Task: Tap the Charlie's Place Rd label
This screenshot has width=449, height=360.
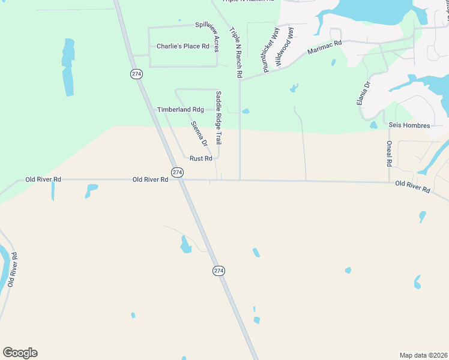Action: [182, 46]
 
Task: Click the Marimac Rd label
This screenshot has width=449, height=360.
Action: [324, 47]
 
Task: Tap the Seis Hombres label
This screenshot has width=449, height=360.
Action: [409, 125]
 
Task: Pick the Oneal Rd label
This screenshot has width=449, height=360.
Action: [389, 154]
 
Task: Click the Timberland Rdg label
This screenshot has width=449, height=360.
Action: [180, 110]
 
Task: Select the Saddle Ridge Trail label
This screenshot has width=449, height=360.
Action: [218, 118]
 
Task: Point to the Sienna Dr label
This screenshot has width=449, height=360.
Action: [199, 134]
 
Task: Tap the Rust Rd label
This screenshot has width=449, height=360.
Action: [201, 158]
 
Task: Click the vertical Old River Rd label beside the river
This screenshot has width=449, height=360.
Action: [12, 272]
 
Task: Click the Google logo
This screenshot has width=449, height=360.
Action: [20, 353]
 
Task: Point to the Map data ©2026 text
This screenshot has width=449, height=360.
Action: [424, 355]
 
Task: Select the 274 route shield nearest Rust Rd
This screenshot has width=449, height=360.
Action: [176, 172]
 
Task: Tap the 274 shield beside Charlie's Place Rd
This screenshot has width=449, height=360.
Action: [136, 73]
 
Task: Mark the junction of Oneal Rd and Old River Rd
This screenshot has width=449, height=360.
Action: [389, 181]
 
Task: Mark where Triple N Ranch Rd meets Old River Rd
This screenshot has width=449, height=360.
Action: [240, 179]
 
